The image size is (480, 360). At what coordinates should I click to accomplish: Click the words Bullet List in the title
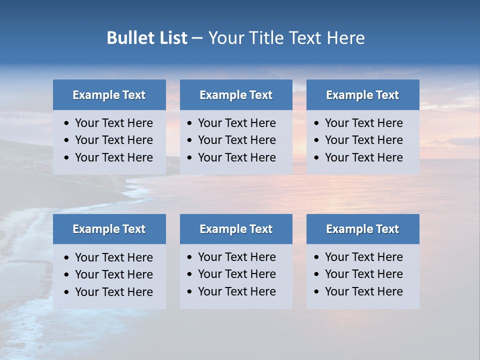click(x=147, y=38)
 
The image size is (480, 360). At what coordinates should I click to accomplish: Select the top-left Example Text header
click(x=109, y=95)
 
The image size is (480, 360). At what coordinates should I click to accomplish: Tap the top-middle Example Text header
click(x=236, y=95)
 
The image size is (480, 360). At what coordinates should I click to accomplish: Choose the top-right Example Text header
click(x=362, y=95)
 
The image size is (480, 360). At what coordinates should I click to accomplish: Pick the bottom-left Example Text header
click(x=109, y=229)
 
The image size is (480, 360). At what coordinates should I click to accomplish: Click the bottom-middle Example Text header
click(x=236, y=229)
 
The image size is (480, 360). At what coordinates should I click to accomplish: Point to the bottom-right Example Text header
click(x=362, y=229)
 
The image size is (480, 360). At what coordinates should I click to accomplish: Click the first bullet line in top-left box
click(x=113, y=123)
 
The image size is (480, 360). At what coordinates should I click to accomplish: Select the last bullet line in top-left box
click(x=113, y=157)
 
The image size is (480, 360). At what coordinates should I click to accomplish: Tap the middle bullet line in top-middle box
click(x=236, y=140)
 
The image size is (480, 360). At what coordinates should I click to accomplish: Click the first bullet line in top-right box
click(x=363, y=123)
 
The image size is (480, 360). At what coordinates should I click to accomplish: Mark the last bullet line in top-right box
click(x=363, y=157)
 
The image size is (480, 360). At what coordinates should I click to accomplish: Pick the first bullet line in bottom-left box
click(x=113, y=257)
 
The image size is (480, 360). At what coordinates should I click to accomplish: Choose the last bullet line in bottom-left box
click(x=113, y=292)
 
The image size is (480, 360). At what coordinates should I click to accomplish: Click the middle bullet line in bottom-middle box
click(x=236, y=274)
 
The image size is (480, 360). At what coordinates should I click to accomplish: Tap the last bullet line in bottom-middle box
click(x=236, y=291)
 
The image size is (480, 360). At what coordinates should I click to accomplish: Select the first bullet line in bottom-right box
click(x=363, y=257)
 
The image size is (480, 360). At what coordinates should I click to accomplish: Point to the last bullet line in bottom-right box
click(x=363, y=291)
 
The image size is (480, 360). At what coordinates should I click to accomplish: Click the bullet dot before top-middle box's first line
click(x=190, y=123)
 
